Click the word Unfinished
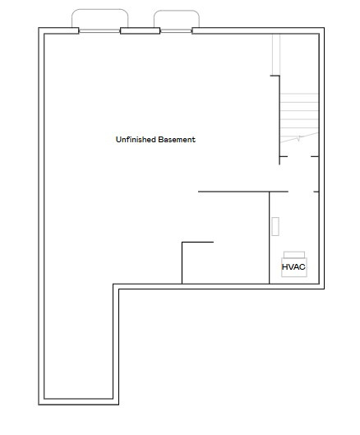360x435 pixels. pos(136,140)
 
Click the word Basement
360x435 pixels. pos(177,140)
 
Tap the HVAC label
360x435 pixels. pos(293,267)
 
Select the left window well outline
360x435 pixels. pos(99,12)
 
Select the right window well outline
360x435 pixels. pos(176,12)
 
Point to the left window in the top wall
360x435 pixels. pos(99,31)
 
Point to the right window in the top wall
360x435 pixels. pos(176,31)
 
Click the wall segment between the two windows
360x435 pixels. pos(140,31)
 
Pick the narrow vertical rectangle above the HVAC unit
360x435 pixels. pos(275,227)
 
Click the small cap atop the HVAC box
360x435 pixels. pos(294,253)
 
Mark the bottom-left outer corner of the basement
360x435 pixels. pos(39,405)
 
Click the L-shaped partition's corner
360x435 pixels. pos(182,243)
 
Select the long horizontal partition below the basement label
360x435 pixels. pos(242,192)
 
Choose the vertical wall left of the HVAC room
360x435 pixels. pos(270,238)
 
